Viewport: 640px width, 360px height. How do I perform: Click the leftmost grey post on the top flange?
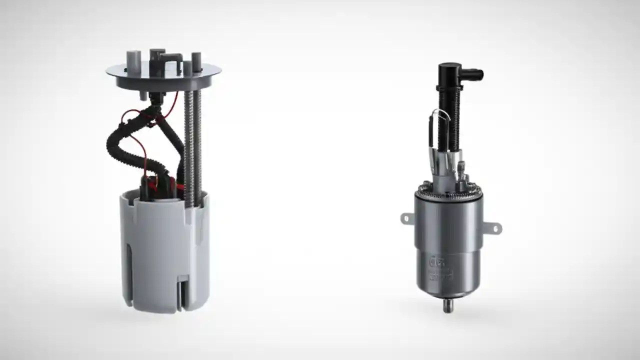tap(132, 59)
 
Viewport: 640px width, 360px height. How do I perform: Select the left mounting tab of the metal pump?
tap(407, 218)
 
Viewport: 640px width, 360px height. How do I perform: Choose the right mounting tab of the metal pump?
tap(494, 228)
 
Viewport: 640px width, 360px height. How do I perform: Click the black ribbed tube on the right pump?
tap(448, 120)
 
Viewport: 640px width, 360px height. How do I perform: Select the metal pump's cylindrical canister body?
tap(448, 245)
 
